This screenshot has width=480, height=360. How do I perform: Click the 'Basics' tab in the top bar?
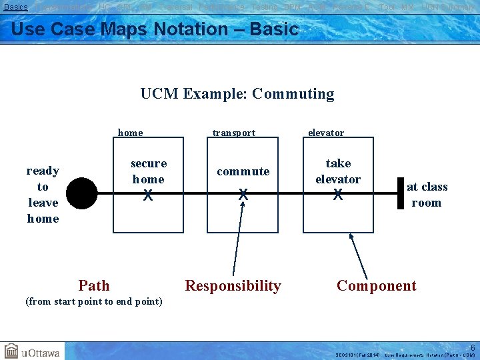(16, 7)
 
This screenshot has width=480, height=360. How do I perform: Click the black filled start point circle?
(81, 194)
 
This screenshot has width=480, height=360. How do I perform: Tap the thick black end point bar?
(401, 193)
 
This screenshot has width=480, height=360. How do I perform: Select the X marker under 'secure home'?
(148, 195)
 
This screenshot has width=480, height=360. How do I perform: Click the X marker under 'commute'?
(243, 195)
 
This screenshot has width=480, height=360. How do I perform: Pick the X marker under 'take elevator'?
(338, 195)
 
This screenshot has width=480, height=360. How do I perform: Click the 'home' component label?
(130, 133)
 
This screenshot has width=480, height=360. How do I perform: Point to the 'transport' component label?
(233, 133)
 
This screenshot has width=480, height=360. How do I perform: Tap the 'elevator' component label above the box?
(326, 133)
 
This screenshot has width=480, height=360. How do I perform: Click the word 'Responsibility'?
(233, 286)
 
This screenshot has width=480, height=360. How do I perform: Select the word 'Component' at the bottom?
(376, 286)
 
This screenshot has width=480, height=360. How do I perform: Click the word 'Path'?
(93, 286)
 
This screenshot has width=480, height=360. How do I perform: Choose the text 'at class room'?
(427, 195)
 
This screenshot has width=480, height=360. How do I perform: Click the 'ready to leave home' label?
(43, 194)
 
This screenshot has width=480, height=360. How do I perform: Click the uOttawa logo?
(31, 351)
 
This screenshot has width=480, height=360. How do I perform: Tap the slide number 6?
(473, 347)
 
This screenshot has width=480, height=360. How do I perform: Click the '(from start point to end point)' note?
(93, 301)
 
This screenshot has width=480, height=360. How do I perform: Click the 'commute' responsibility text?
(243, 171)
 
